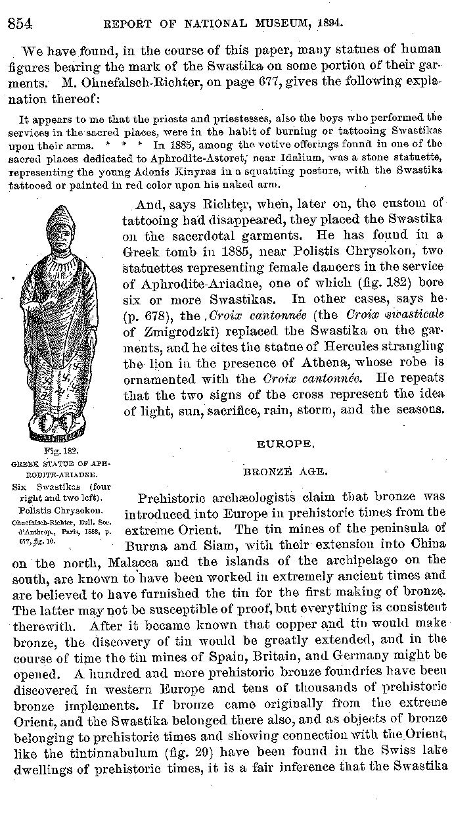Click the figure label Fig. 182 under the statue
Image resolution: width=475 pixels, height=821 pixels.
(x=61, y=452)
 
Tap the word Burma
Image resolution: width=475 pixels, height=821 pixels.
(x=145, y=544)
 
